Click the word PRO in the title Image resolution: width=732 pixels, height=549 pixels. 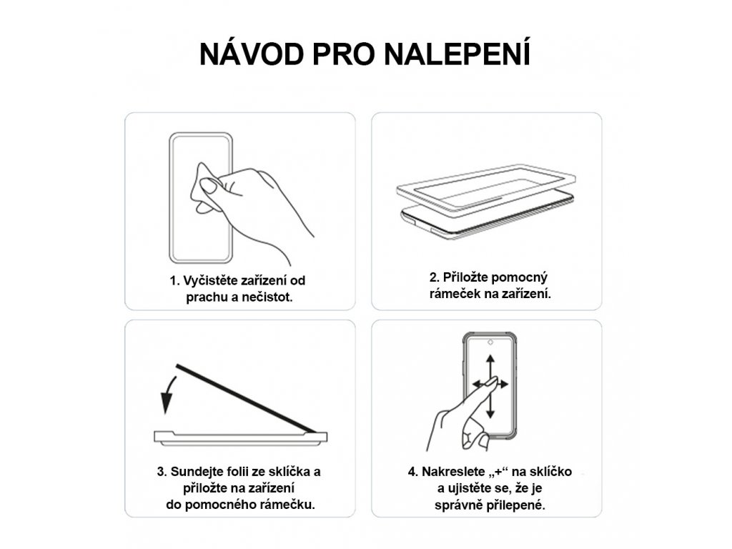(344, 54)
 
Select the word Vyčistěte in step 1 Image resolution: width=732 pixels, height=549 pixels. (210, 280)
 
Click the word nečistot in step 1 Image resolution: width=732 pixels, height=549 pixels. (269, 297)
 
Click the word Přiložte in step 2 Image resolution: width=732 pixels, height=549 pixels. (465, 277)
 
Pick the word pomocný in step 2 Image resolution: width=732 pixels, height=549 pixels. (519, 278)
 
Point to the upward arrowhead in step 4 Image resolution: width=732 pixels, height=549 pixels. (490, 360)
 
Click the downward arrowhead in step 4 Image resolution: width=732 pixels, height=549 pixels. (490, 413)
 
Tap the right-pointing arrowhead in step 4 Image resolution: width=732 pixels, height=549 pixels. (504, 384)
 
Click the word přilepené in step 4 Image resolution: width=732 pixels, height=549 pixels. (516, 505)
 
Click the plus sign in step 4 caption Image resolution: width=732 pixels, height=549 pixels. (498, 472)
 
